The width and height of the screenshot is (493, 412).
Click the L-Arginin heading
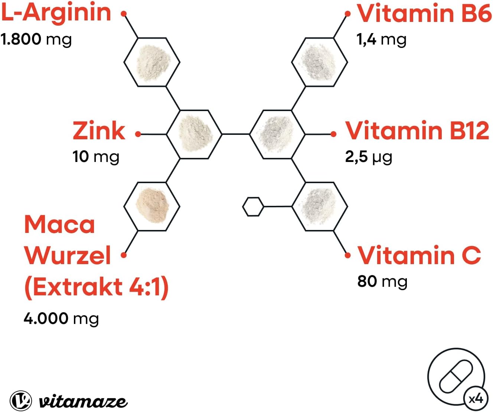pos(56,12)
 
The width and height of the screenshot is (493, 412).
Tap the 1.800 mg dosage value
pos(36,39)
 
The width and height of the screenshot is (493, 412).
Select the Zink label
pos(99,131)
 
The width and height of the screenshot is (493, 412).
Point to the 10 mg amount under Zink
pos(96,156)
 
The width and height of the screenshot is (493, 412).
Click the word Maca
pos(60,225)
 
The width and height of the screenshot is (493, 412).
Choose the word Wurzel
pos(68,256)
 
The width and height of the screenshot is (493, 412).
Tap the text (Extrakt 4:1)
pos(97,287)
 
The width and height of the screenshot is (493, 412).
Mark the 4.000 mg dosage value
pos(61,318)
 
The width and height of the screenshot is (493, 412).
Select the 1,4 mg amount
pos(381,39)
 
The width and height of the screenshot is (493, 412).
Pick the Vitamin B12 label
pos(417,131)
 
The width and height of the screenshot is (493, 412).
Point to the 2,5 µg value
pos(368,157)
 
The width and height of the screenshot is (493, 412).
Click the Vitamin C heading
pos(419,256)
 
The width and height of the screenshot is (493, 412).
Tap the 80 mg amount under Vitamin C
pos(382,281)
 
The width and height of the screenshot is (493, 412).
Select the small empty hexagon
pos(253,207)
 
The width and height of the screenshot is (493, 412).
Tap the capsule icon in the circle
pos(455,376)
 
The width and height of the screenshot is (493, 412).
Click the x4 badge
pos(476,399)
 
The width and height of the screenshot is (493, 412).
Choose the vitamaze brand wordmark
pos(83,402)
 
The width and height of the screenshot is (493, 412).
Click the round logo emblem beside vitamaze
pos(21,400)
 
